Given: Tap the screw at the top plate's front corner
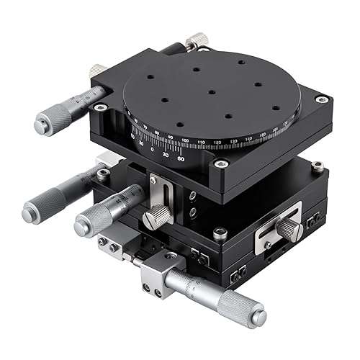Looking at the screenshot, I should coord(214,164).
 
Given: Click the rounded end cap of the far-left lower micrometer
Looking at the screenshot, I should coord(31,212).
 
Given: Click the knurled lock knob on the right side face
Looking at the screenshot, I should coord(289,228).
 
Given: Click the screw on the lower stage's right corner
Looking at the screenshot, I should coord(317,168).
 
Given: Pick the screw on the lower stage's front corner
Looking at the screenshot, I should coord(220,233).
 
